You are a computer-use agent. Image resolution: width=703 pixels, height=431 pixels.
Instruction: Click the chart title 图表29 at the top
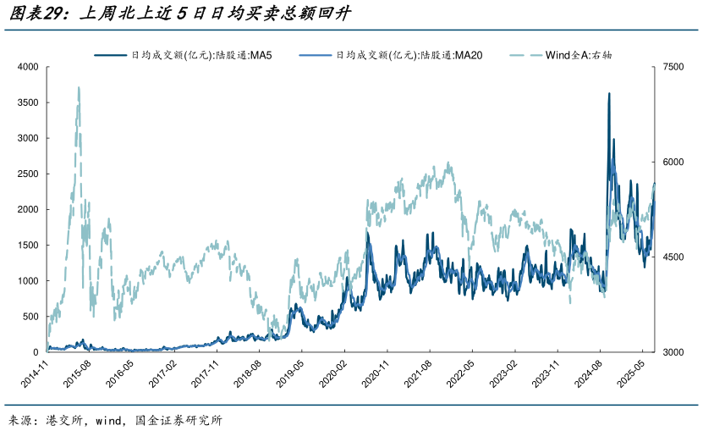(178, 14)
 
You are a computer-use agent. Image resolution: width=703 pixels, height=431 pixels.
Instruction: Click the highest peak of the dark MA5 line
(609, 94)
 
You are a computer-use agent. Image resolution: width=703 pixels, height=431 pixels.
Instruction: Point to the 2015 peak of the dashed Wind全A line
(79, 87)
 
